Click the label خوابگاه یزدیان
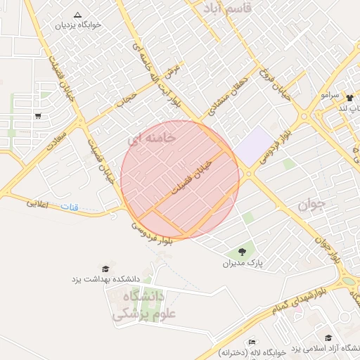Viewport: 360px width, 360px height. [x=79, y=25]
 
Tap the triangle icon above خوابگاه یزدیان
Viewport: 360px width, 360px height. [x=77, y=15]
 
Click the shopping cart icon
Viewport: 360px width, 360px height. [x=37, y=117]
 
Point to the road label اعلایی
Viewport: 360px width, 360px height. [x=41, y=205]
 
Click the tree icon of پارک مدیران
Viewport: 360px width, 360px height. [x=242, y=251]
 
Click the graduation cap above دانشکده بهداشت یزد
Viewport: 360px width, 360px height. [x=105, y=269]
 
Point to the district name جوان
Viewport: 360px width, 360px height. [x=311, y=205]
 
